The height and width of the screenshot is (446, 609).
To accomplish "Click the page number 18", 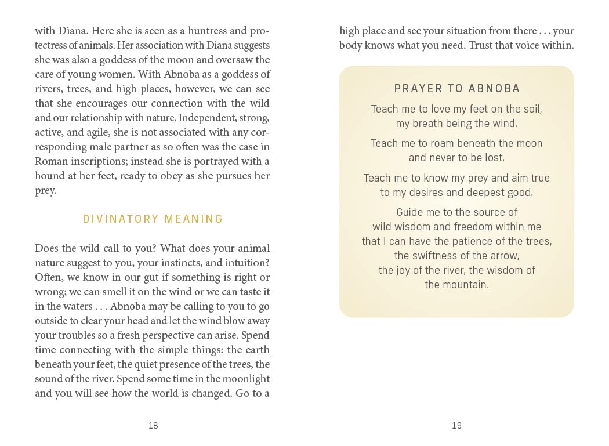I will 153,426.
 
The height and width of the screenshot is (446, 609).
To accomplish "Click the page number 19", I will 456,426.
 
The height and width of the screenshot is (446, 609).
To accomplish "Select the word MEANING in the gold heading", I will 194,219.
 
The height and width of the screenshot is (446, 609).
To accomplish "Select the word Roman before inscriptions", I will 50,161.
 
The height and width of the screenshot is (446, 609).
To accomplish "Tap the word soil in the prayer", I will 532,108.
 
